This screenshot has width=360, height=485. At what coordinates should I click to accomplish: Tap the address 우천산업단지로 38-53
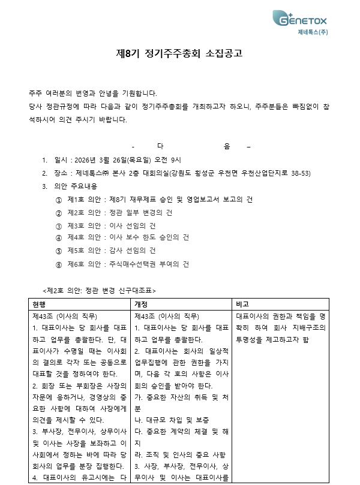click(x=275, y=173)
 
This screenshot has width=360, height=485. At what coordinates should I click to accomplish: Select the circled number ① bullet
click(x=58, y=199)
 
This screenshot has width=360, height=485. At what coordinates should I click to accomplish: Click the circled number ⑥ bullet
click(x=58, y=264)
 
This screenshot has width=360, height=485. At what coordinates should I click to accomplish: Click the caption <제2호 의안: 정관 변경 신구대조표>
click(x=100, y=290)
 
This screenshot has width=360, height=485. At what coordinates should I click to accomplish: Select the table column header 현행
click(x=40, y=303)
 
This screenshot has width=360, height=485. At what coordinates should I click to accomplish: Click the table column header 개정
click(x=142, y=303)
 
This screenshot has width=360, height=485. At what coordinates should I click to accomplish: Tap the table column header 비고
click(x=244, y=303)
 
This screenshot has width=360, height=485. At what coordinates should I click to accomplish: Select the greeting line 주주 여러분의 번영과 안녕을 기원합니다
click(x=93, y=94)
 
